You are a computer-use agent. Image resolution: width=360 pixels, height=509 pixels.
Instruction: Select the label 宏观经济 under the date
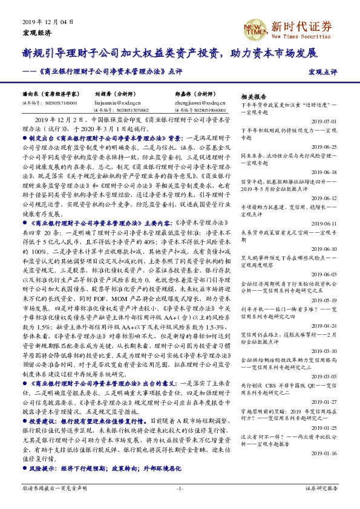37,31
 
